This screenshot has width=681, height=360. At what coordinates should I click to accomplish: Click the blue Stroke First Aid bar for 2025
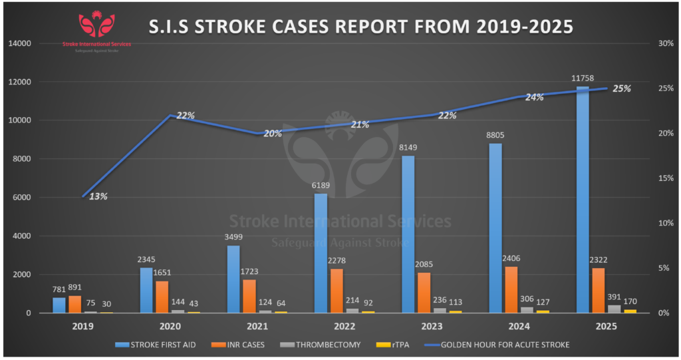coord(583,200)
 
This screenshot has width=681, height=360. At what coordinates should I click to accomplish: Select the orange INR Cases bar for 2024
coord(512,289)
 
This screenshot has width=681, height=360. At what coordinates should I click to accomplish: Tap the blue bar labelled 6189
coord(321,253)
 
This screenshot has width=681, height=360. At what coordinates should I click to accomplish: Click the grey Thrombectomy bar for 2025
coord(613,309)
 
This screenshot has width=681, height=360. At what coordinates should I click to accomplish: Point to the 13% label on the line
coord(98,196)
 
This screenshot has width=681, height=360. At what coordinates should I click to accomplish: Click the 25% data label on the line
coord(622,89)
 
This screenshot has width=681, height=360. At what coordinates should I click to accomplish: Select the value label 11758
coord(583,79)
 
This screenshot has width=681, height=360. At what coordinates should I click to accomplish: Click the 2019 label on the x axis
coord(83,327)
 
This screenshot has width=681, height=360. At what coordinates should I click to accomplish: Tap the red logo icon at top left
coord(96,25)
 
